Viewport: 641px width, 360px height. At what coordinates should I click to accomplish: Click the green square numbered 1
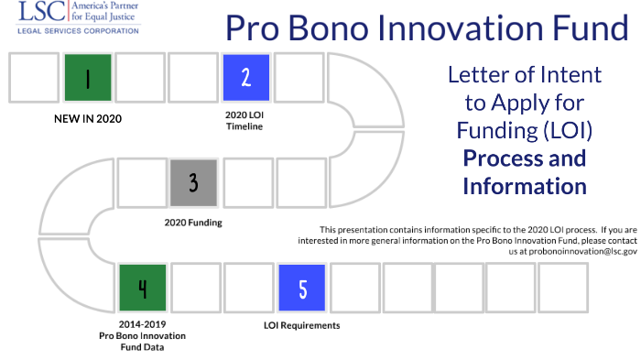click(88, 78)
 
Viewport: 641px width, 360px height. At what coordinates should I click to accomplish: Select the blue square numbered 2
click(245, 78)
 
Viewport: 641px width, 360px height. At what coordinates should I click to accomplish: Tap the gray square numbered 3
click(193, 182)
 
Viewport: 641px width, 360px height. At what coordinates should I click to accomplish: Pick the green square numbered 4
click(141, 288)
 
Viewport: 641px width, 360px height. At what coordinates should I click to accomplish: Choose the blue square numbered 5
click(302, 288)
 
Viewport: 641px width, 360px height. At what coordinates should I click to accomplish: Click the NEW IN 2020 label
click(88, 118)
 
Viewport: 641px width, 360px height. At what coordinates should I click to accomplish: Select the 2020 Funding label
click(193, 223)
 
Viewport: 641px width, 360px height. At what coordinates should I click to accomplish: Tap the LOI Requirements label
click(302, 325)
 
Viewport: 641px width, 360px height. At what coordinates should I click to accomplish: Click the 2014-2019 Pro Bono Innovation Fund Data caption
click(141, 335)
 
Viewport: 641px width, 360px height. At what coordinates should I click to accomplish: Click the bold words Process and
click(524, 158)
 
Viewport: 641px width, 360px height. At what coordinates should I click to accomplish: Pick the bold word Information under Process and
click(524, 186)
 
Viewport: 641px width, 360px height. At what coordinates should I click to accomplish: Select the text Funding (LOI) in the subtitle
click(524, 130)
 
